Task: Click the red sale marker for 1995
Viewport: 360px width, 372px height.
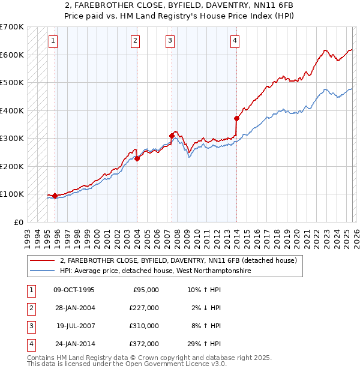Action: (x=55, y=196)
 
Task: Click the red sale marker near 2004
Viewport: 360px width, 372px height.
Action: (x=137, y=159)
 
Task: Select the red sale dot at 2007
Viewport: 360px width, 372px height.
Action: (x=172, y=136)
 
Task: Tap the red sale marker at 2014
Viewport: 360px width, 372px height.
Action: (x=236, y=118)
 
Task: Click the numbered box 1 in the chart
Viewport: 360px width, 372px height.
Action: (x=53, y=41)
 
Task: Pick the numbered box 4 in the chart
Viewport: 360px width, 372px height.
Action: (x=235, y=41)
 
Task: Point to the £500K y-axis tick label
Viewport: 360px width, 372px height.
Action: (x=11, y=82)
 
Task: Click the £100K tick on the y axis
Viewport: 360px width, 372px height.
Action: (x=11, y=194)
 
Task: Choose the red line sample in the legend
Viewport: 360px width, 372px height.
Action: (x=43, y=261)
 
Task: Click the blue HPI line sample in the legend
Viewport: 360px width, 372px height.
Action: (x=43, y=271)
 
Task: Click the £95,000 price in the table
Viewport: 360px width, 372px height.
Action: (x=145, y=290)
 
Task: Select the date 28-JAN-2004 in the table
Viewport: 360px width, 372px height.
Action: (x=74, y=308)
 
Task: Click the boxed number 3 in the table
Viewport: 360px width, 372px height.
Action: (x=30, y=326)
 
